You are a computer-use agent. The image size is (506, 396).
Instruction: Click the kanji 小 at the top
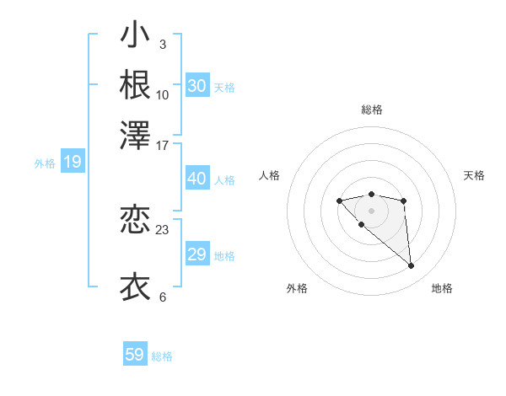pos(135,37)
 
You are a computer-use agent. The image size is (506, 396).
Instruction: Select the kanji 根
pos(135,85)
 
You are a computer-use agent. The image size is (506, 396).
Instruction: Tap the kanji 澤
pos(135,134)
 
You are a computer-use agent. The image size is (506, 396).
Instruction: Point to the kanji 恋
pos(135,221)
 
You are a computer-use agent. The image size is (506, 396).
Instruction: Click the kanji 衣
pos(135,286)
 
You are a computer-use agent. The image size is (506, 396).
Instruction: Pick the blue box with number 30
pos(197,86)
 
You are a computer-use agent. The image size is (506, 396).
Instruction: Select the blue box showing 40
pos(197,179)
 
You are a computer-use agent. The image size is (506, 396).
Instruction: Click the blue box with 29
pos(197,254)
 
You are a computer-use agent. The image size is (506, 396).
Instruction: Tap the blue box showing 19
pos(73,163)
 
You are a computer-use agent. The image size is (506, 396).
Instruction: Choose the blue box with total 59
pos(135,355)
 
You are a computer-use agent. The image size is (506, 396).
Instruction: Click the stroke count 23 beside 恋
pos(163,229)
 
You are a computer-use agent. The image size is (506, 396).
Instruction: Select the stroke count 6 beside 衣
pos(163,297)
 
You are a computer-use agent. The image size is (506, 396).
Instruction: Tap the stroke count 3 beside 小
pos(163,44)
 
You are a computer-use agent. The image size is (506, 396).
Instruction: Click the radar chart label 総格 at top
pos(371,110)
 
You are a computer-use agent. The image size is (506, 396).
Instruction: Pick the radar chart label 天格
pos(474,175)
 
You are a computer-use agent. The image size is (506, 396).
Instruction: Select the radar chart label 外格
pos(297,289)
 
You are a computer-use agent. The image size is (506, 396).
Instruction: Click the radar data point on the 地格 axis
pos(412,266)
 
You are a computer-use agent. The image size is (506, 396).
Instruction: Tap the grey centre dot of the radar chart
pos(371,211)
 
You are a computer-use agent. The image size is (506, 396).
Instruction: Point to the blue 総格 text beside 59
pos(162,356)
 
